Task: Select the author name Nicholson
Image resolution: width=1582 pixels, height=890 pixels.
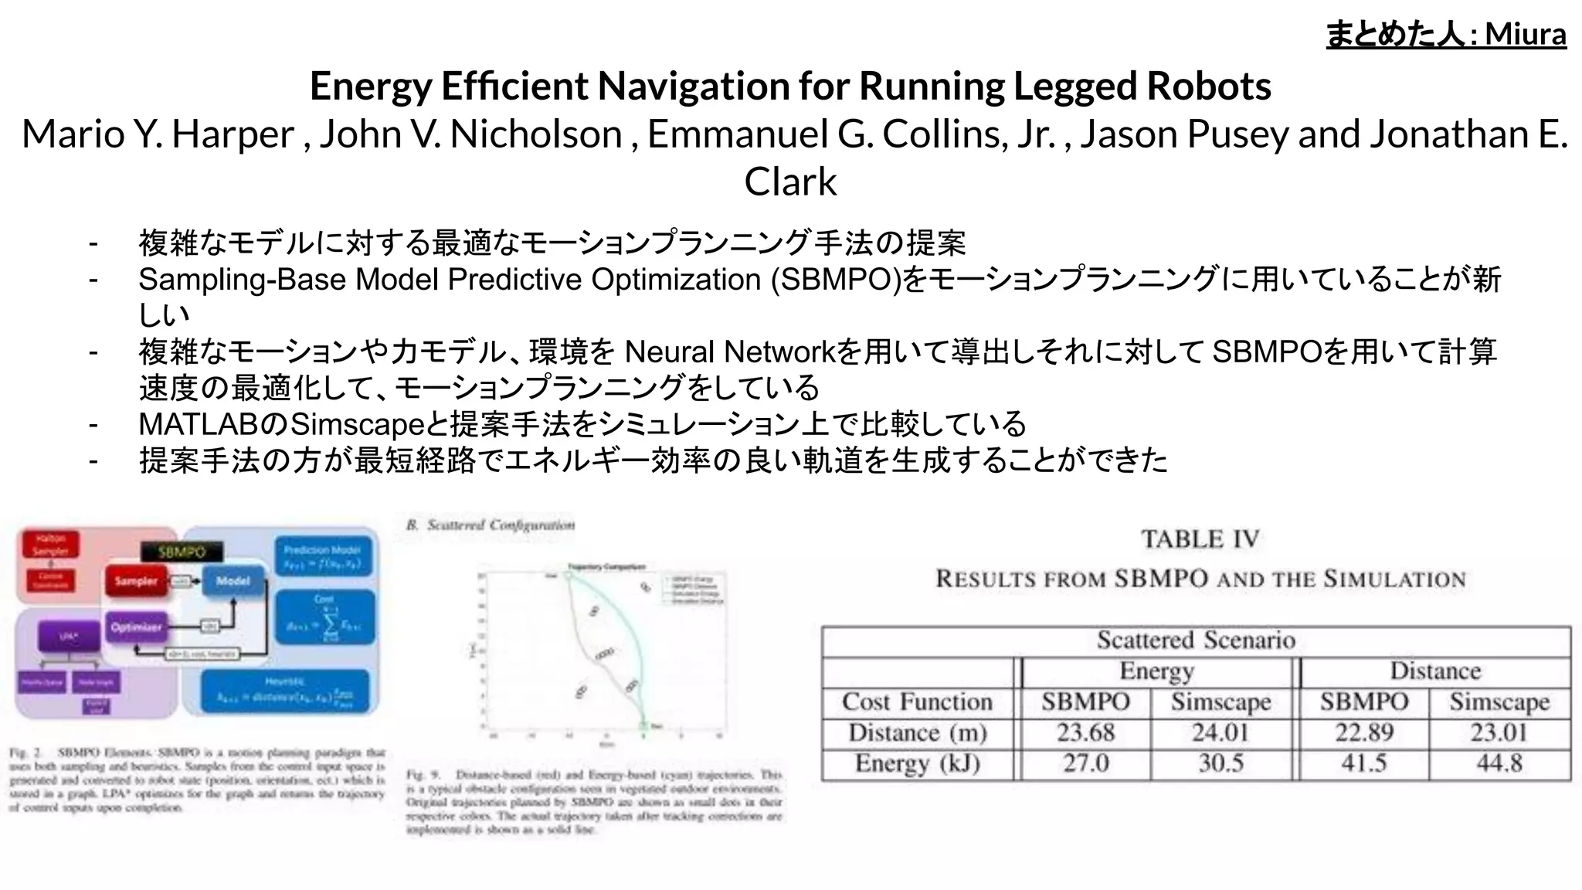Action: pos(536,134)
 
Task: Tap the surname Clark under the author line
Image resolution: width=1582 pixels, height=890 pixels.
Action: pos(790,182)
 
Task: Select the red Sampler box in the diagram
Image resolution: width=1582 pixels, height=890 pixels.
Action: pos(136,581)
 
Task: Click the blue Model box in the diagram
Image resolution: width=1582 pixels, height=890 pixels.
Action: pos(233,581)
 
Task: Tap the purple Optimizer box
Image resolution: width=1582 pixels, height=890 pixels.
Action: pos(136,627)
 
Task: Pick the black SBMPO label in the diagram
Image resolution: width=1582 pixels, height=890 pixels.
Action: pos(182,552)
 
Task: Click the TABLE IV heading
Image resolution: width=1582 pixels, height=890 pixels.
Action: pos(1200,538)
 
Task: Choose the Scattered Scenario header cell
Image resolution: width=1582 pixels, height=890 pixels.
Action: pos(1196,640)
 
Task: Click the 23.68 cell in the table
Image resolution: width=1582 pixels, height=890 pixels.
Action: pos(1085,732)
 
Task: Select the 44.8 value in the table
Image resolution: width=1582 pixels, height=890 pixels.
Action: pos(1499,763)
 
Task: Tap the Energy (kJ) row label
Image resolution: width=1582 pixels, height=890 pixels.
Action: pos(917,763)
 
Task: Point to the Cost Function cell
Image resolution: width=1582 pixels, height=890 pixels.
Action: pos(917,701)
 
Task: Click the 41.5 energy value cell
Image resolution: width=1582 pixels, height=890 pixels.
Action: pos(1363,763)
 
